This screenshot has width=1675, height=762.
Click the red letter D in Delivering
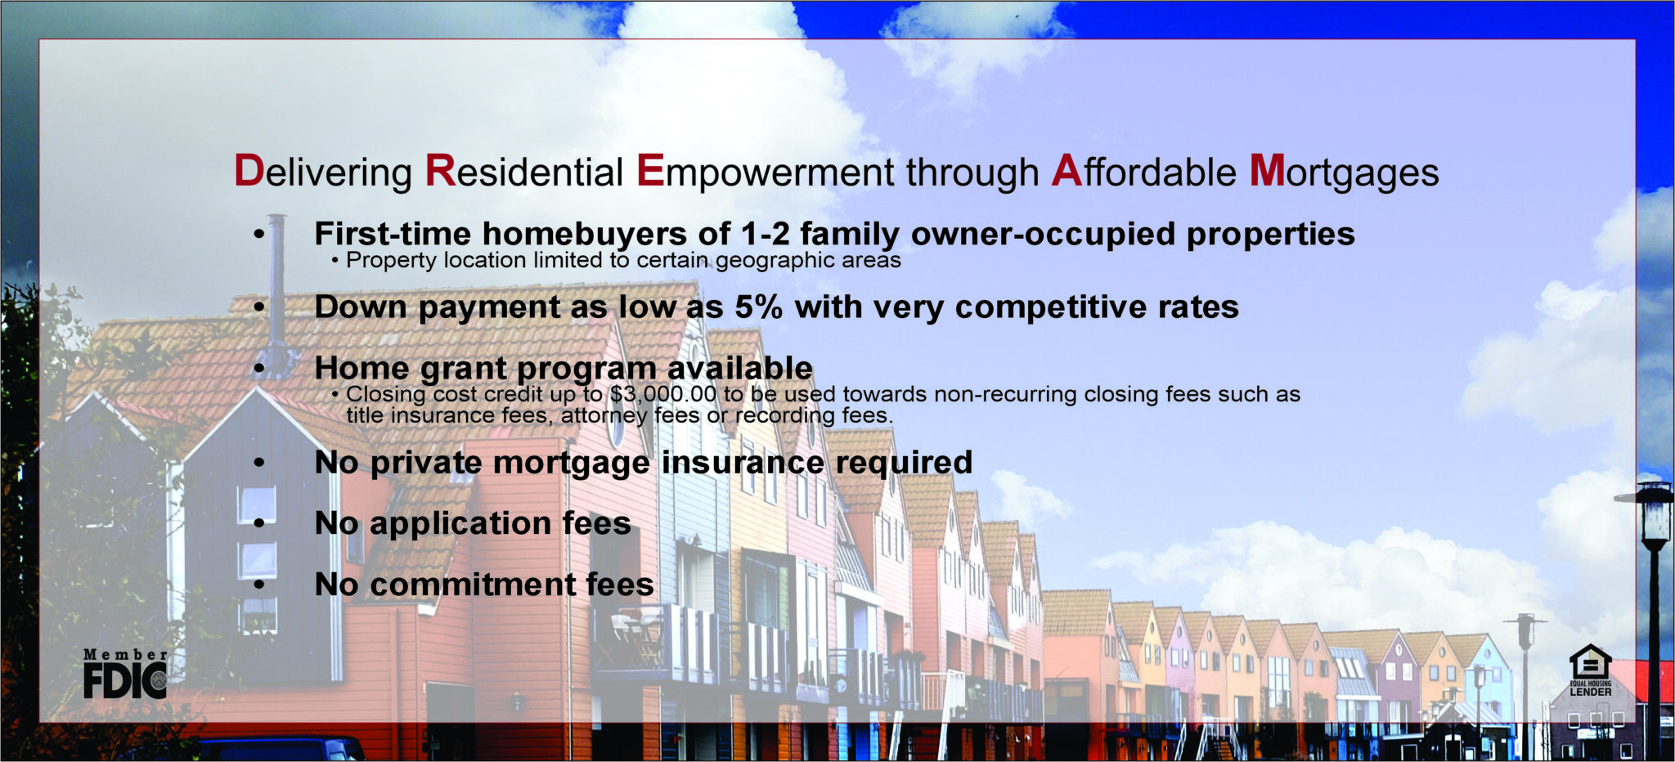(x=249, y=172)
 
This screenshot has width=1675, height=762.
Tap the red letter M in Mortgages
(x=1268, y=172)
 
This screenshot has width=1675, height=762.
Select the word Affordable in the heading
(x=1143, y=172)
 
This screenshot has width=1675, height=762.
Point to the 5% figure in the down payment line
(x=758, y=307)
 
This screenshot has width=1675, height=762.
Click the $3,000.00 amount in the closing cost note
(x=662, y=394)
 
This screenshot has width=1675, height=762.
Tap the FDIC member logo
(x=125, y=674)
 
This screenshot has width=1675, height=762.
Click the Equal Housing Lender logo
(x=1590, y=670)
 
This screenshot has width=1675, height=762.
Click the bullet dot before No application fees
(x=259, y=523)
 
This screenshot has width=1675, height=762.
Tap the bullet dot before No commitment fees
(x=259, y=585)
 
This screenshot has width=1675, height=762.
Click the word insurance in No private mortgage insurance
(x=743, y=463)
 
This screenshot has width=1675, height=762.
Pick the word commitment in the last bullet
(x=473, y=585)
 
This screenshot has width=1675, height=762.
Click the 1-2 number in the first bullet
(x=765, y=235)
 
